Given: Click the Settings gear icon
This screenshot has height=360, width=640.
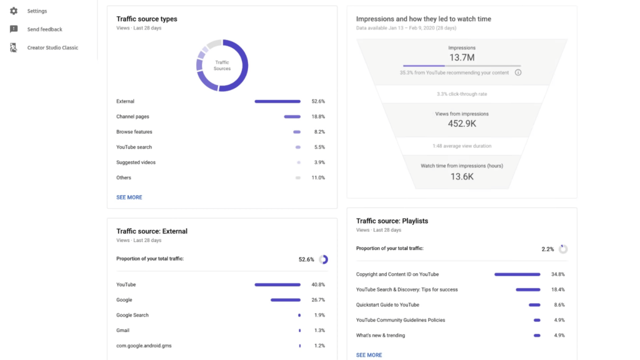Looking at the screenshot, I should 14,11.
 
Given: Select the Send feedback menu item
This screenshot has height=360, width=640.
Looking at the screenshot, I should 44,29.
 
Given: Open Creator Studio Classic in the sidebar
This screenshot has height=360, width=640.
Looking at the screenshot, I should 52,47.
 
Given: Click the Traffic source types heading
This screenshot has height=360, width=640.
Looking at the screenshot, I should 147,19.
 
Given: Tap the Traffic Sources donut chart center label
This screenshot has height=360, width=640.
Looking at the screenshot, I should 222,66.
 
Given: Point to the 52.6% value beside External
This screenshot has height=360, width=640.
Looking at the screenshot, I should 318,101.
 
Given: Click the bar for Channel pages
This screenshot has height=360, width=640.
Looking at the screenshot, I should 292,117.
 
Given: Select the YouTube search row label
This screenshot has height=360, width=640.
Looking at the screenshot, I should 134,147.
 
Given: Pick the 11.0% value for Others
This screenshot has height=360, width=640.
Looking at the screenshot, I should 318,178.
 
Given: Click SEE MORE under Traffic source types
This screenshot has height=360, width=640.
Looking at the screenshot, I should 129,197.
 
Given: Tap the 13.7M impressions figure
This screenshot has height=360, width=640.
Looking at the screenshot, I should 462,57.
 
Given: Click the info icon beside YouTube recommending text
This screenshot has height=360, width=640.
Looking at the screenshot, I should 518,72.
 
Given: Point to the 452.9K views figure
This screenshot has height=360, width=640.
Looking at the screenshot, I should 462,124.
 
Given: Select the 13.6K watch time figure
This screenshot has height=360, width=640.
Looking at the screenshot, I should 462,176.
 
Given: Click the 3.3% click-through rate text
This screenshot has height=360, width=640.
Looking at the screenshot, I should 462,94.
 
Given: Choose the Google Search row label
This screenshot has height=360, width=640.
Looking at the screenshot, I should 132,316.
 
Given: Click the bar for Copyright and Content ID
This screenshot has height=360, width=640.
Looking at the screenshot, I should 517,274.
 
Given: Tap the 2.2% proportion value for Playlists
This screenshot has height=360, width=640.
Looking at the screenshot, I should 548,249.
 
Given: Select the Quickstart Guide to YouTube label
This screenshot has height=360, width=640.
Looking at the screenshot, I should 387,305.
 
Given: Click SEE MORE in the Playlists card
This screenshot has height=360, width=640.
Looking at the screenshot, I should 369,355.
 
